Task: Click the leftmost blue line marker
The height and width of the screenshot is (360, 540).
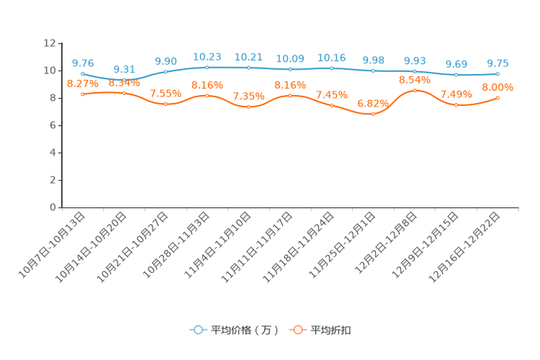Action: tap(83, 73)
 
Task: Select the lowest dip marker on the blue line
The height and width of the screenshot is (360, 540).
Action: tap(124, 79)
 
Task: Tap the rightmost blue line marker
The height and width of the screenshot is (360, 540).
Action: tap(497, 74)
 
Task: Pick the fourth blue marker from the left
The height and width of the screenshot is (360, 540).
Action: tap(207, 67)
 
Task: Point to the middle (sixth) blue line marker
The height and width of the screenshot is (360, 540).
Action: tap(290, 69)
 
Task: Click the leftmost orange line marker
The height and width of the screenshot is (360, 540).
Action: tap(83, 94)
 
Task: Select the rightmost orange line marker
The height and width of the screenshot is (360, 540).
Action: tap(497, 98)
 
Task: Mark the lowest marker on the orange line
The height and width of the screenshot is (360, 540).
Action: tap(373, 114)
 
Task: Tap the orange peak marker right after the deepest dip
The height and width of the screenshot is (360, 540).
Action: tap(414, 91)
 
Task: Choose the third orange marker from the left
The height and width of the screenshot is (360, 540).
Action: tap(165, 104)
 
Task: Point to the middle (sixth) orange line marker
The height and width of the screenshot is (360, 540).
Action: tap(290, 96)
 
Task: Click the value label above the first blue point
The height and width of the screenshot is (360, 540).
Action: tap(82, 62)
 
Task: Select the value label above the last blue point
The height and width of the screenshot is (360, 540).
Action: tap(497, 63)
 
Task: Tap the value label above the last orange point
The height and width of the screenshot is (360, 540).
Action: tap(497, 87)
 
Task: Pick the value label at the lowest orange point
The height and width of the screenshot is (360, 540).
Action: tap(373, 103)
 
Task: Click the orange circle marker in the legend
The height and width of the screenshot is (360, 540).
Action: tap(297, 330)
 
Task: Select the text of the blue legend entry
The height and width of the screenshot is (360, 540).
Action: tap(244, 330)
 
